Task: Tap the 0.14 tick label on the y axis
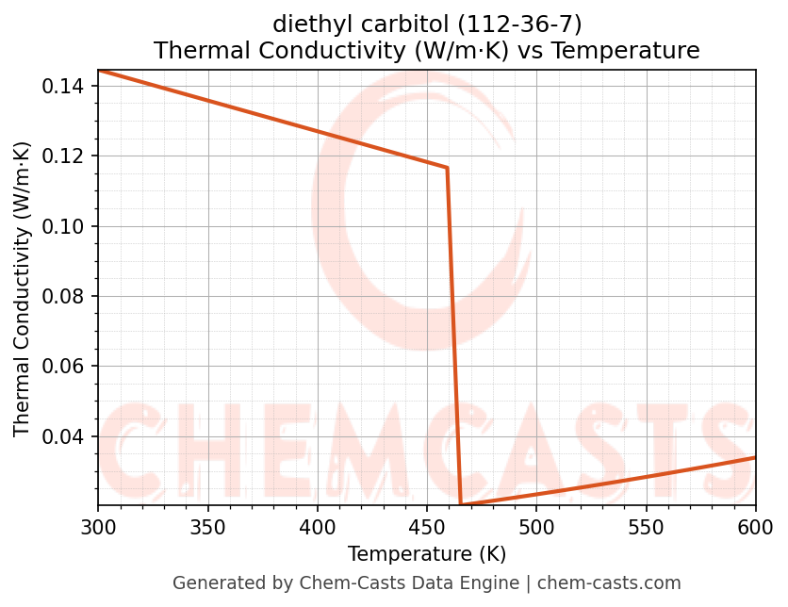point(64,87)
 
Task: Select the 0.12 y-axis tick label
point(64,156)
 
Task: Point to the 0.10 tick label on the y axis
point(64,226)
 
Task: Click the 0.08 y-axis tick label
point(64,297)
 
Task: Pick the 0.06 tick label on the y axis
point(64,367)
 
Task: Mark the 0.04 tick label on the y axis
point(64,436)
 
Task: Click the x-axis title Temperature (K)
point(427,554)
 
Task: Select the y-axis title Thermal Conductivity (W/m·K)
point(23,288)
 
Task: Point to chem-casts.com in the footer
point(609,583)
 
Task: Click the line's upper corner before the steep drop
point(447,168)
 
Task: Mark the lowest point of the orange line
point(461,505)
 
